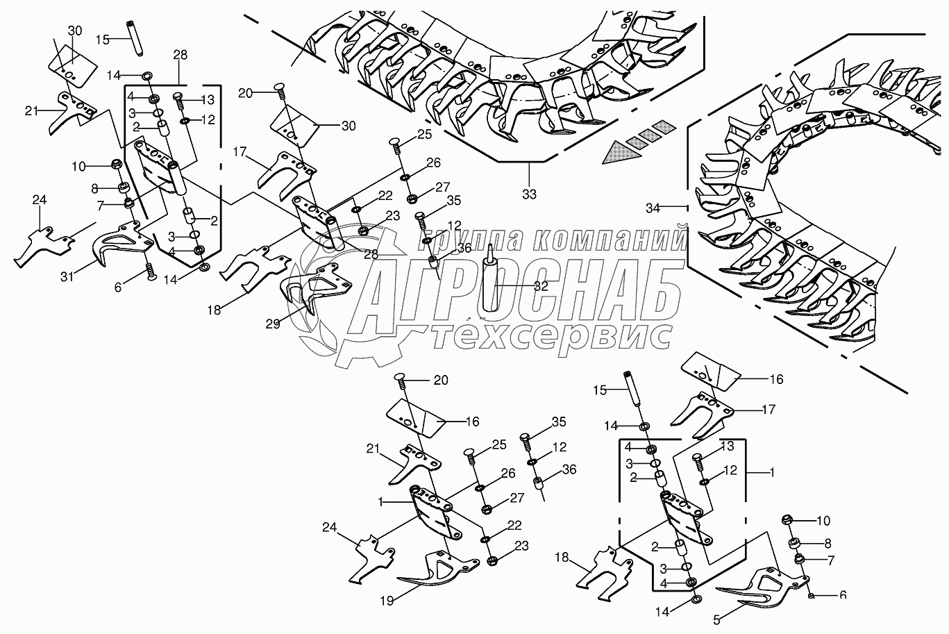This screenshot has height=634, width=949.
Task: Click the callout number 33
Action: pos(529,195)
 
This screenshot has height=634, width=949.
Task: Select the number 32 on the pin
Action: pos(541,286)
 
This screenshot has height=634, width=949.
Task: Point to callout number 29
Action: pos(272,324)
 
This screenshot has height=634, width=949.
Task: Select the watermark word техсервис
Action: pos(552,336)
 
